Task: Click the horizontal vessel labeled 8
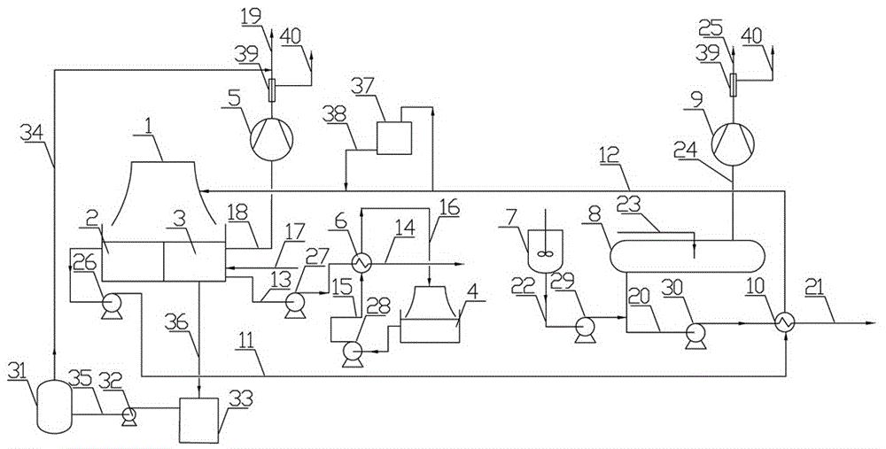tap(688, 257)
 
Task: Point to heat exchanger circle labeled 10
tap(785, 323)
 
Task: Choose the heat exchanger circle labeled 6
tap(361, 262)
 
